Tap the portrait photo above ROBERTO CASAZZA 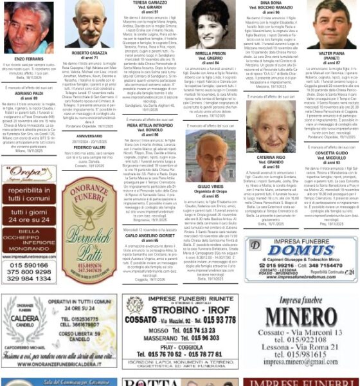click(x=89, y=24)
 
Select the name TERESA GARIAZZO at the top click(x=149, y=3)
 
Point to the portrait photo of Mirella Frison click(x=210, y=26)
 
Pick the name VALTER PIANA click(x=331, y=53)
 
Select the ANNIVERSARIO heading click(x=89, y=136)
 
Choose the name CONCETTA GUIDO click(x=331, y=152)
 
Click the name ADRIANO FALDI click(x=28, y=92)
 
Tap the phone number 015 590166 click(x=28, y=264)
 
